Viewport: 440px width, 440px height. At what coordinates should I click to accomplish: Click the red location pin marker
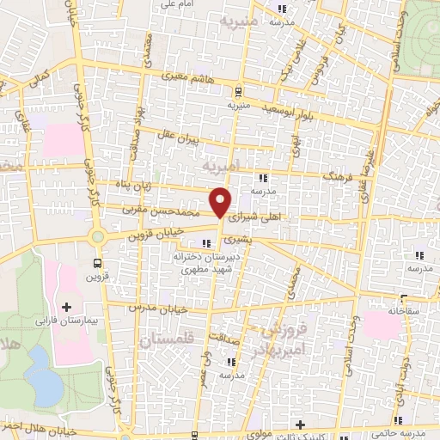(x=222, y=203)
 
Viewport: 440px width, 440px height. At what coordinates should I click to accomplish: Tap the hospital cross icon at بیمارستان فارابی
(x=67, y=306)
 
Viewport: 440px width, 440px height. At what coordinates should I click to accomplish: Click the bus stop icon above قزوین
(x=96, y=264)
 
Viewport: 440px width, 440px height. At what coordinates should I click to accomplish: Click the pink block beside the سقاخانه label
(x=381, y=325)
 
